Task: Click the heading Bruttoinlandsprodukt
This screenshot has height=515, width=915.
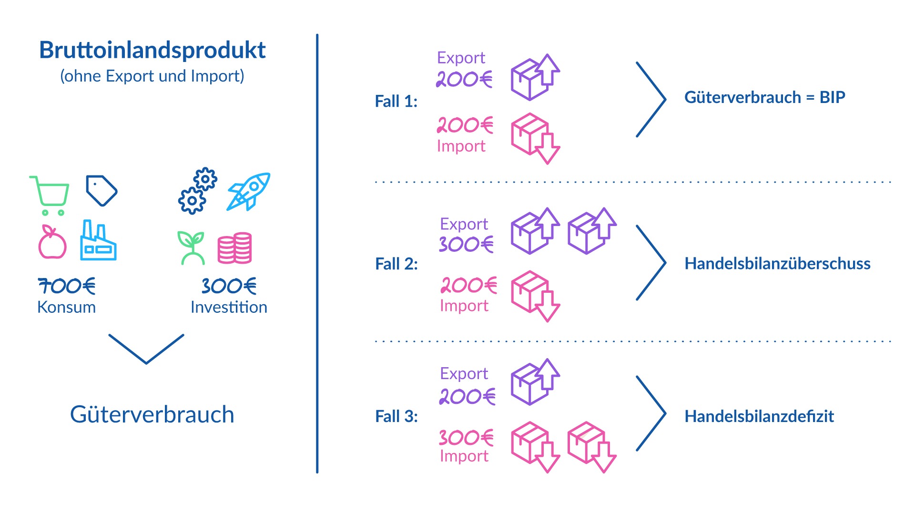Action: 152,50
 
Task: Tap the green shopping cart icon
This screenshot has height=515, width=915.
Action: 50,196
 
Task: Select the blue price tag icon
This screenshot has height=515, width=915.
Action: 101,191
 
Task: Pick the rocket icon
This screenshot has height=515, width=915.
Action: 249,192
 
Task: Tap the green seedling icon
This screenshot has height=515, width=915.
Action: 191,247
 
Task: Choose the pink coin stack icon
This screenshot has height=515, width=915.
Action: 234,248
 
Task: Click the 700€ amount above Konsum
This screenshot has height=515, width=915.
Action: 67,286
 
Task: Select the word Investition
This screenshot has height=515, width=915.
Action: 229,307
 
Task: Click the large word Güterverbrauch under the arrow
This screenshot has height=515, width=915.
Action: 152,414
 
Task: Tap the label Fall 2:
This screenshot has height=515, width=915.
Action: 396,264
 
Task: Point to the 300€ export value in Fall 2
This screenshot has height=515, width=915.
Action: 466,245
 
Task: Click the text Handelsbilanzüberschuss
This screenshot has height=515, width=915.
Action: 777,264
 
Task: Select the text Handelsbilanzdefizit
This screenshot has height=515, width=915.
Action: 759,416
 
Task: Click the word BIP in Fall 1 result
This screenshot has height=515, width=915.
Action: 832,97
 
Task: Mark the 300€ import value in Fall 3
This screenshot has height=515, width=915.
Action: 466,438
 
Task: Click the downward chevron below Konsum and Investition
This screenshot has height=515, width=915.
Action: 146,349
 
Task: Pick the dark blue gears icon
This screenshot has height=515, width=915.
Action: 198,191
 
